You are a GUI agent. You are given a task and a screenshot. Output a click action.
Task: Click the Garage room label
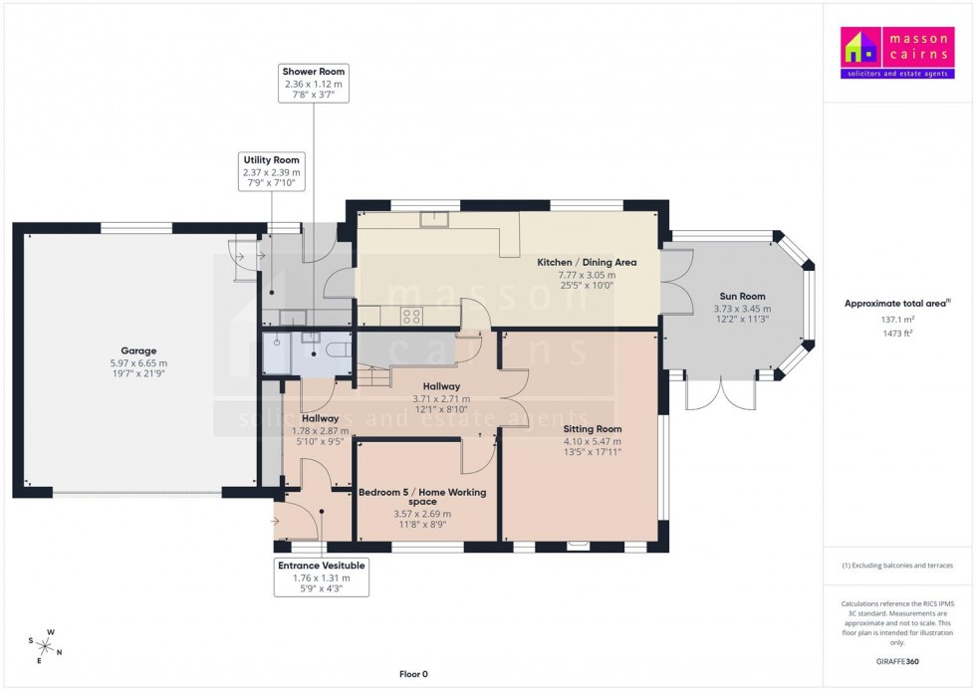click(138, 350)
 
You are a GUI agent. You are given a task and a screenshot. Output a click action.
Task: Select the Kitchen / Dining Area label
click(587, 263)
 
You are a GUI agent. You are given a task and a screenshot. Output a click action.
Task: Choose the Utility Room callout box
click(270, 172)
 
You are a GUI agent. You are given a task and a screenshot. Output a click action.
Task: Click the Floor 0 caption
click(413, 674)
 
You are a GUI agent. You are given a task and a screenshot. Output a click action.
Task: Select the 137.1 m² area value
click(897, 320)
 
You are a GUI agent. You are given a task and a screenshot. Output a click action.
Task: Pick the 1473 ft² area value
click(897, 334)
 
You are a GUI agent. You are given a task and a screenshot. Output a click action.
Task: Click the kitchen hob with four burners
click(411, 317)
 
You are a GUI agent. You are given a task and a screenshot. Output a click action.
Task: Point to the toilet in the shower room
click(334, 350)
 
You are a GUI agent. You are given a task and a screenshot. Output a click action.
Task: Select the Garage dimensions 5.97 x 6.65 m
click(138, 363)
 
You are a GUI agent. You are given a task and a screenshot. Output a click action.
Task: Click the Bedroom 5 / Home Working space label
click(425, 496)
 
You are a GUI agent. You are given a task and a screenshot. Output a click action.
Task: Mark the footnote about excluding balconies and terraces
click(897, 566)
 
